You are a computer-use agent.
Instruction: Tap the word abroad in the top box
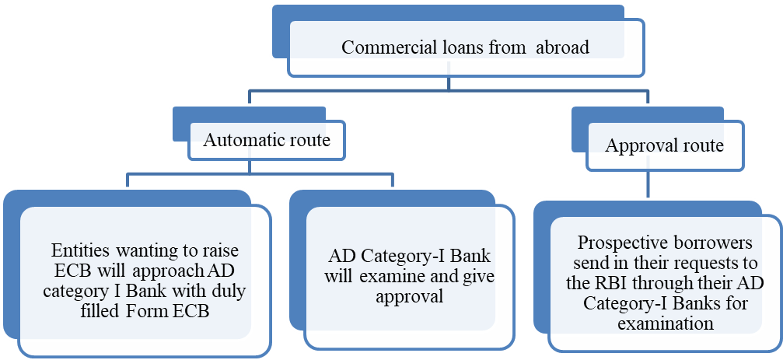pyautogui.click(x=561, y=47)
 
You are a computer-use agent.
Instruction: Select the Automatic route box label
pyautogui.click(x=267, y=141)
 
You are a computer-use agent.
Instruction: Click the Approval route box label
pyautogui.click(x=664, y=145)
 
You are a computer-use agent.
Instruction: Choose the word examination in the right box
pyautogui.click(x=665, y=322)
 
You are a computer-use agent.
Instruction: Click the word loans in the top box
pyautogui.click(x=453, y=47)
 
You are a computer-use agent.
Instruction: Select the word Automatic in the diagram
pyautogui.click(x=242, y=141)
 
